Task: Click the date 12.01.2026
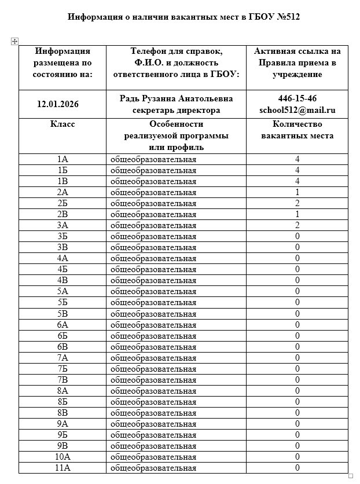point(58,104)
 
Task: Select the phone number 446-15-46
point(297,98)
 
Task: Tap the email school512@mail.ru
point(297,109)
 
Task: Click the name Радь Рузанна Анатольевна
point(176,98)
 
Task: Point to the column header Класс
point(63,124)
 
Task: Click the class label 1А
point(63,159)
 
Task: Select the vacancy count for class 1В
point(297,181)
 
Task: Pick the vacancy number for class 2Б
point(297,203)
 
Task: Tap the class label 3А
point(63,225)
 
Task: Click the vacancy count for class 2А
point(297,192)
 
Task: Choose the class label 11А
point(63,468)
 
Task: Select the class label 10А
point(63,457)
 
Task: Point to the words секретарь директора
point(176,110)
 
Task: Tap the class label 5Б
point(63,302)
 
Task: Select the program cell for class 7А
point(153,358)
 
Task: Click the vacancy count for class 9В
point(297,446)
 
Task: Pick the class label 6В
point(63,346)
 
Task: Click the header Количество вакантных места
point(297,130)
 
